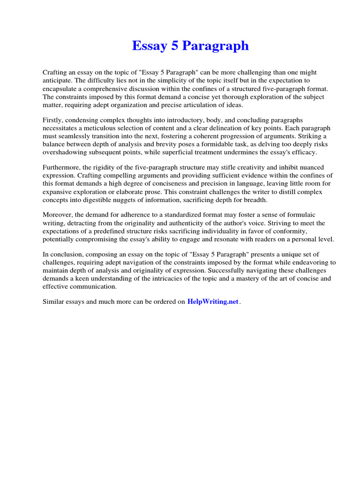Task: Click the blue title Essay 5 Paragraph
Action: [x=190, y=46]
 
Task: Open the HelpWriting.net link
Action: [x=213, y=302]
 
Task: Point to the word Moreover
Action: [x=58, y=215]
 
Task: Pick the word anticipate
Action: [x=58, y=81]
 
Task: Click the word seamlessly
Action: [x=79, y=136]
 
